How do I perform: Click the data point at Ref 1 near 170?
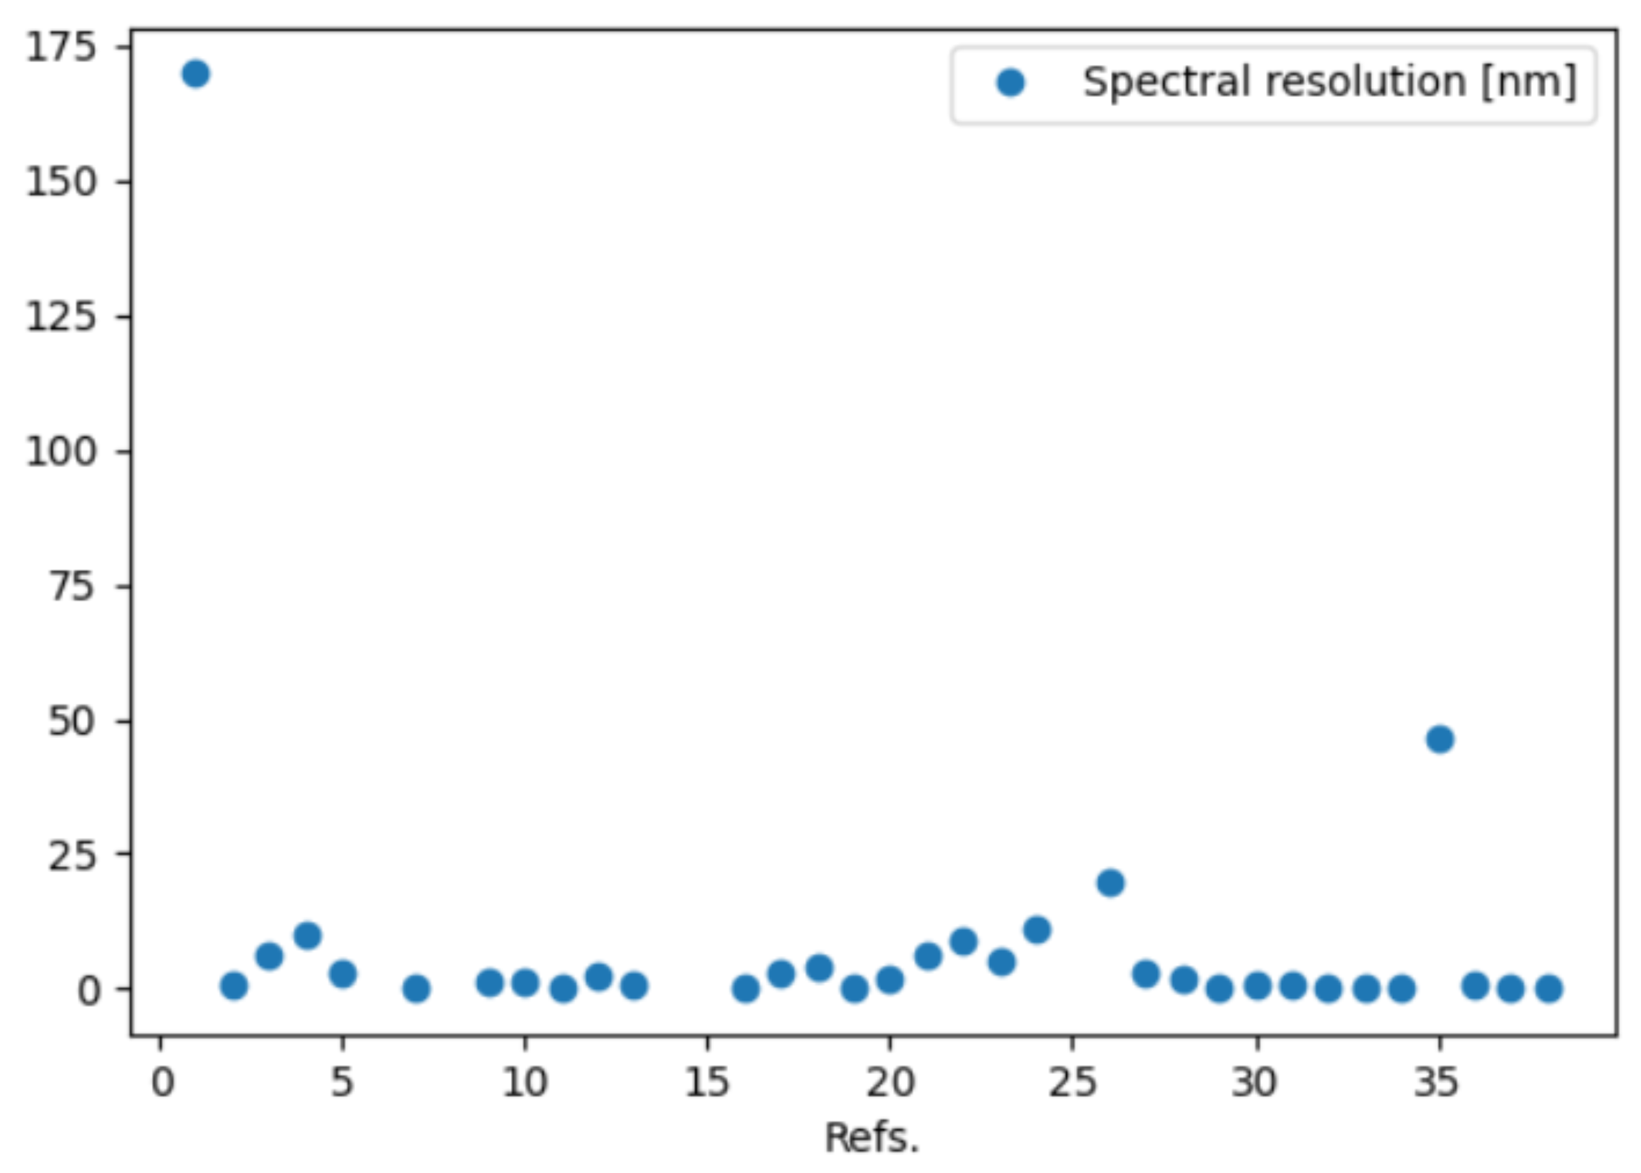point(196,74)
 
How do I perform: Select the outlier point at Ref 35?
point(1439,739)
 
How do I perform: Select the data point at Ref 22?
point(964,941)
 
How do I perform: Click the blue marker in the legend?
point(1010,82)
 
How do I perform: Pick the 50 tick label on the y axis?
point(72,722)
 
